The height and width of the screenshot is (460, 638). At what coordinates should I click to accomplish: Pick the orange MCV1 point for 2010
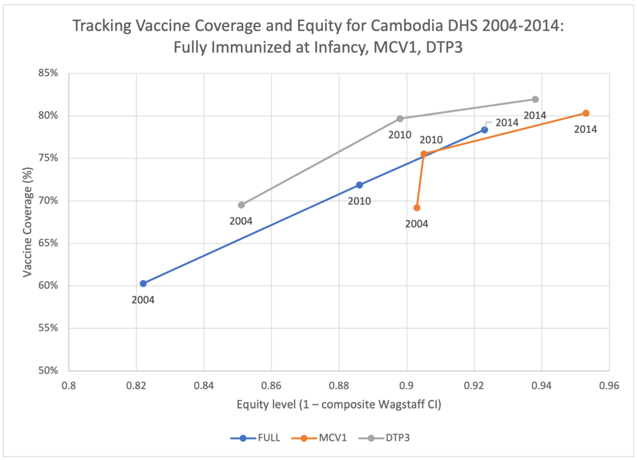[424, 154]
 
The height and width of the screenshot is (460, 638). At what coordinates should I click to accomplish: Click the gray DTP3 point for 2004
[241, 205]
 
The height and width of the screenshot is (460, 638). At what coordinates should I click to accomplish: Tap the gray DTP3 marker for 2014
[535, 99]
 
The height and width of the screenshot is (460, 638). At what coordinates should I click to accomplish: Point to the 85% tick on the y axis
[48, 73]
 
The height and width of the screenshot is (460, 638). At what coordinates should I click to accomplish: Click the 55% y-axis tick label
[48, 328]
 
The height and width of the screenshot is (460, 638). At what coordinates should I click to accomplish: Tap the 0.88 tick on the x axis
[339, 386]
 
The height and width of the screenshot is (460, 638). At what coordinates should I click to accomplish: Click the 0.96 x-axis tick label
[609, 386]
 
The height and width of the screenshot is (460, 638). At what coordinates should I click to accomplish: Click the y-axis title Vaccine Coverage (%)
[28, 222]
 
